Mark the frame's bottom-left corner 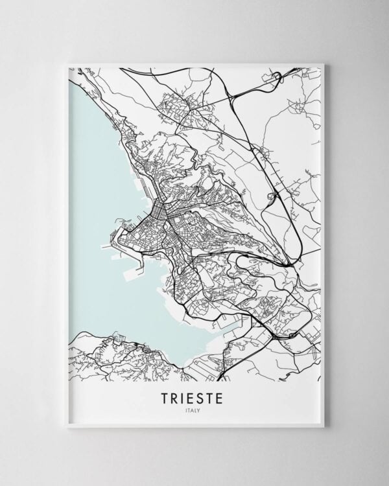point(67,426)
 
